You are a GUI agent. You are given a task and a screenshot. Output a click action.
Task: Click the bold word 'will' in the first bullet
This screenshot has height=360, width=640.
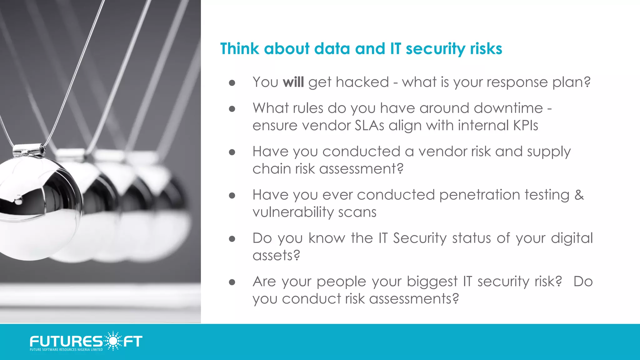293,82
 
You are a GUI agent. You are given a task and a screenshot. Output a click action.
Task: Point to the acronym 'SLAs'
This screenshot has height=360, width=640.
369,126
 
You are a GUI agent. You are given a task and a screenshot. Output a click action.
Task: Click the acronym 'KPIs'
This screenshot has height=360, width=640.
525,126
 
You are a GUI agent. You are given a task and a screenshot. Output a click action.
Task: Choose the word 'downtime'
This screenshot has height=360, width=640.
508,108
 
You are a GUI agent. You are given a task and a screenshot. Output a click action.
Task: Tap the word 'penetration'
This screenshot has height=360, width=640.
480,195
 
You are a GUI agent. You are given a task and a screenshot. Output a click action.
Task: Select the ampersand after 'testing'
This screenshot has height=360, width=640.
579,195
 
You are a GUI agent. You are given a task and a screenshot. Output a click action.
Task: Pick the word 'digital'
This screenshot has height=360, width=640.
572,238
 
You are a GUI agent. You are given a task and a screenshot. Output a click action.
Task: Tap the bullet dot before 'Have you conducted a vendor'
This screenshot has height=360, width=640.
232,152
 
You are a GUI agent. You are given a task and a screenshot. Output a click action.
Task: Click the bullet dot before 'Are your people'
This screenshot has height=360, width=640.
232,282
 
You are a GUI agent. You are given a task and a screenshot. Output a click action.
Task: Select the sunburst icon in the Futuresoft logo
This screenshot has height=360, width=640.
113,341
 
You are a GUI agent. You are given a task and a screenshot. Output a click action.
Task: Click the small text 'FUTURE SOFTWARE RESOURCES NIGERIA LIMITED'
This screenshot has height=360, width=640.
66,350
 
